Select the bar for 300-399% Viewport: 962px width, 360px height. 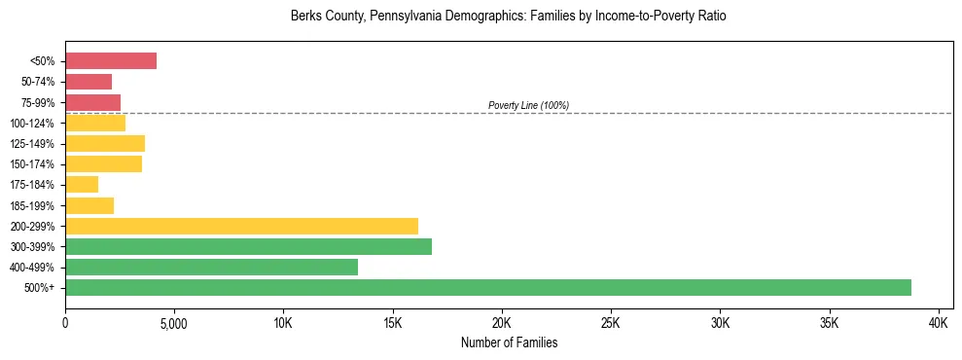[x=248, y=246]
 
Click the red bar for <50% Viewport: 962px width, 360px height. [x=111, y=61]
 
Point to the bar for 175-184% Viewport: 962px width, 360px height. [x=82, y=185]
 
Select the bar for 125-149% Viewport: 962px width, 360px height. [x=105, y=143]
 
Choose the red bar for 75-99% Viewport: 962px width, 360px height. [x=92, y=102]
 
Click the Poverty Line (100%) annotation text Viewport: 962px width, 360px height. [x=528, y=105]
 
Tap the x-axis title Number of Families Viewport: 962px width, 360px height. [x=509, y=342]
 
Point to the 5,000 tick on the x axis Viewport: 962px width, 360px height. [x=174, y=322]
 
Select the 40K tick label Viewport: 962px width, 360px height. [x=939, y=322]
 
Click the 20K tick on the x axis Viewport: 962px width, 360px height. [x=502, y=322]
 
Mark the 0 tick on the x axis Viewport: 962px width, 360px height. [x=65, y=322]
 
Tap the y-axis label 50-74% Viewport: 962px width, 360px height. [x=38, y=82]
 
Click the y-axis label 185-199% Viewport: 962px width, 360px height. [x=34, y=205]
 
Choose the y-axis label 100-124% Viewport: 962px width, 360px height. [x=34, y=124]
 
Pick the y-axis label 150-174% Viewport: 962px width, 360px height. [x=34, y=164]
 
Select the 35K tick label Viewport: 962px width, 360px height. [x=830, y=322]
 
